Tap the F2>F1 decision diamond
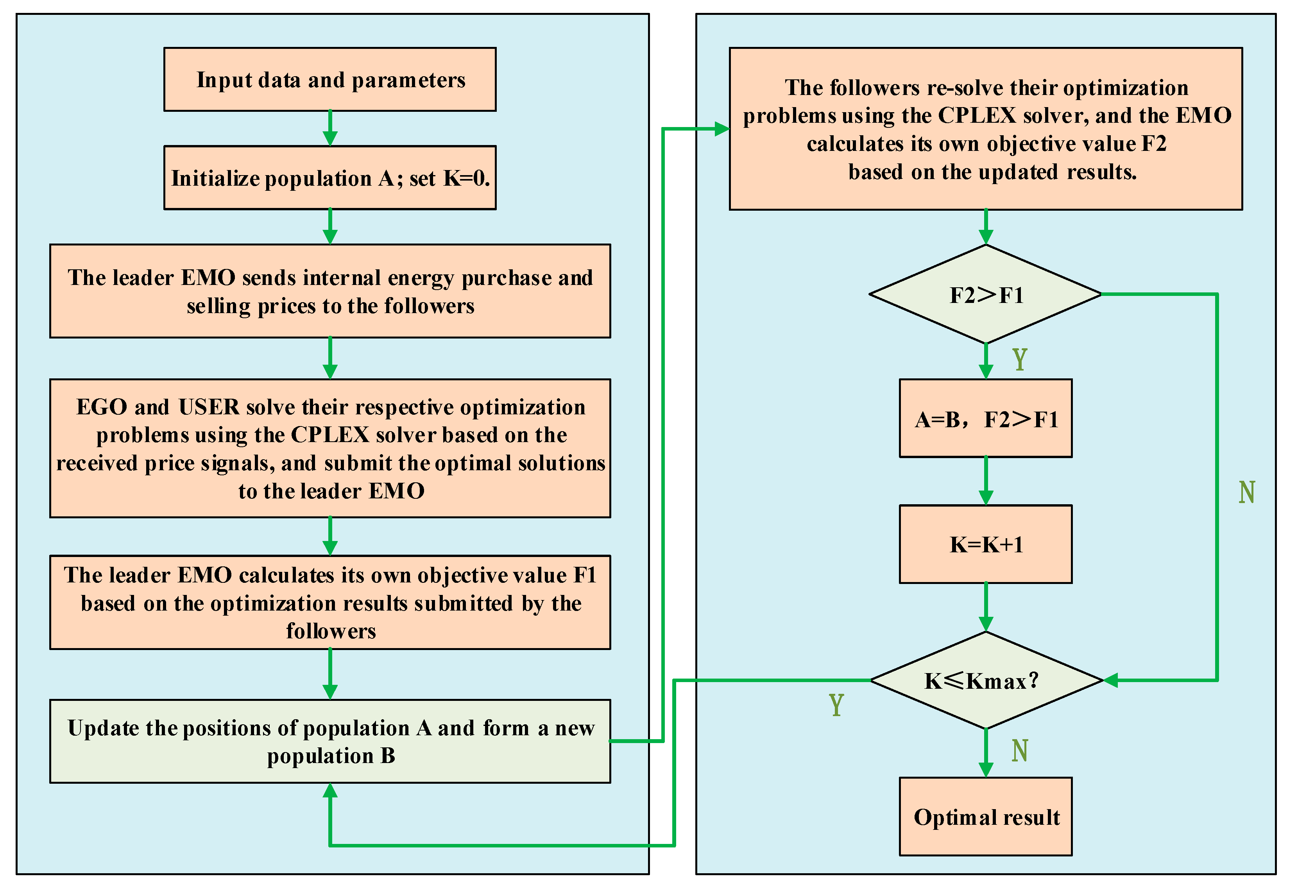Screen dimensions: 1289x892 [x=986, y=294]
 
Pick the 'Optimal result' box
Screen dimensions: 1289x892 [x=986, y=817]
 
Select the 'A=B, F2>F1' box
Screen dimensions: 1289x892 [x=986, y=419]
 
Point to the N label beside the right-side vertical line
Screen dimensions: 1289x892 [x=1246, y=492]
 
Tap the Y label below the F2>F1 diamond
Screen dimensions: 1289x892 [x=1020, y=359]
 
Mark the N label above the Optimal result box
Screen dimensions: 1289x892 [x=1020, y=750]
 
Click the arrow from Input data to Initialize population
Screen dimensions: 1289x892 [x=330, y=128]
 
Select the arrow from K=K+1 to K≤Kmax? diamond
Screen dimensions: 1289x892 [x=986, y=607]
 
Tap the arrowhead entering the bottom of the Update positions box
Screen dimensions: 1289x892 [x=330, y=790]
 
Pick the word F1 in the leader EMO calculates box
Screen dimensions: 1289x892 [x=585, y=575]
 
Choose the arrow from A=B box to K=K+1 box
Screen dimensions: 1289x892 [x=986, y=481]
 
